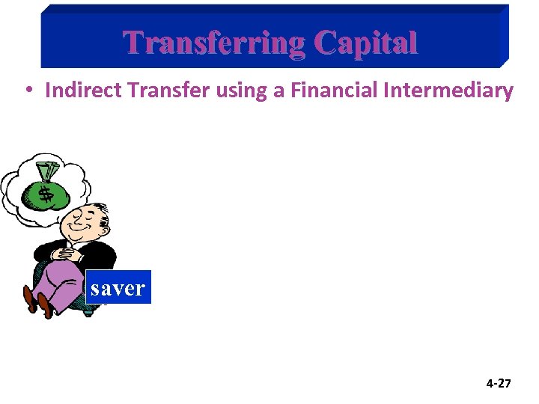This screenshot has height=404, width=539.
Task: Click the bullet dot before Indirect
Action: (x=26, y=91)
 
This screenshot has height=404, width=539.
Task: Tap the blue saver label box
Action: (x=118, y=287)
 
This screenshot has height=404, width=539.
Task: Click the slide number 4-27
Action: (x=499, y=384)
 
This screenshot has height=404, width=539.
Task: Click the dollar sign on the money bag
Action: (x=45, y=195)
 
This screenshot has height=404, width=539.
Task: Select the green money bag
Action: (x=46, y=191)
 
